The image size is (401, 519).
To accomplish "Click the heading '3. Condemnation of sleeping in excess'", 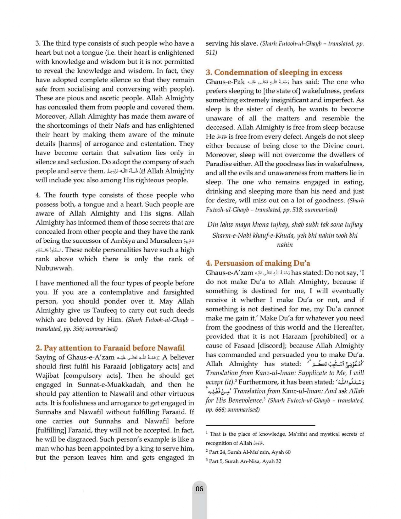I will tap(274, 73).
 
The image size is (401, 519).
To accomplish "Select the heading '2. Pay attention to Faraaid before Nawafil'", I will tap(110, 348).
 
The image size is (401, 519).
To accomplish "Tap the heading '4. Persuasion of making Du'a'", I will tap(258, 263).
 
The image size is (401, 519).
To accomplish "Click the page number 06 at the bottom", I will tap(199, 489).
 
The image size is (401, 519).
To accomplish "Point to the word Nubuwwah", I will tap(55, 268).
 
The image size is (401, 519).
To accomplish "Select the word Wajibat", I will tap(47, 376).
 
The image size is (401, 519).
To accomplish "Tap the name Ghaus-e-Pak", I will tap(225, 82).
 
